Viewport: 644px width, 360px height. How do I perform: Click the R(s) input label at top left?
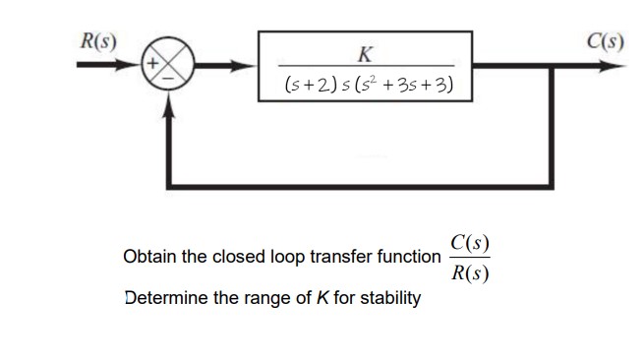97,41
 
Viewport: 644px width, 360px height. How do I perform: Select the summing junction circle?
172,68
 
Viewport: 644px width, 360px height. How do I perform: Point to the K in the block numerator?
366,51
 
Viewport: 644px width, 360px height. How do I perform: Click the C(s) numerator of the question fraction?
470,242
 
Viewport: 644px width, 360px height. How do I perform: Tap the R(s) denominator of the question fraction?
470,272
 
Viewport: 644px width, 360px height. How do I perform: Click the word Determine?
164,297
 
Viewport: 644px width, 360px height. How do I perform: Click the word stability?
387,297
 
